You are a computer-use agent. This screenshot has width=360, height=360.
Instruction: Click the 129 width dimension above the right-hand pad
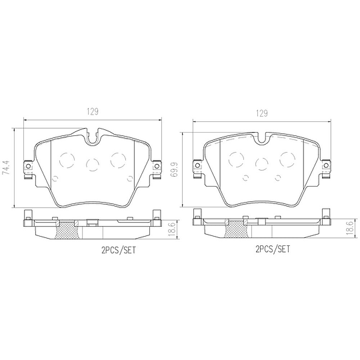tap(261, 113)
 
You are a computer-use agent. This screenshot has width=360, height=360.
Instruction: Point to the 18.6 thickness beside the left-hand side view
tap(172, 228)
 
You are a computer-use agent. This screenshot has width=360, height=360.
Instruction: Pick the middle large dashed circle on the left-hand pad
tap(93, 164)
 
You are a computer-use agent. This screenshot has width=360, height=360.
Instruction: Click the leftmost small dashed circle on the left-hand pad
tap(56, 177)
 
